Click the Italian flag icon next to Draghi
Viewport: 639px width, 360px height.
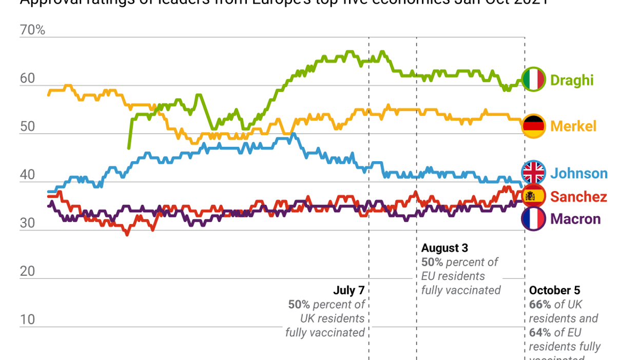(533, 80)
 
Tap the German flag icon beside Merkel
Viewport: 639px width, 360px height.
(533, 126)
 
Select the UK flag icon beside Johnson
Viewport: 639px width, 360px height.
(533, 173)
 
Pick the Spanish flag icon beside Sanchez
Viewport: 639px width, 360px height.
(533, 196)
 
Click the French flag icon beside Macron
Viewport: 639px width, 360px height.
(533, 219)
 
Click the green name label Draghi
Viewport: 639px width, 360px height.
(571, 80)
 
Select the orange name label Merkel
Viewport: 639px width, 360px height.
(573, 126)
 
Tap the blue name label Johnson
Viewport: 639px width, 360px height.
(578, 174)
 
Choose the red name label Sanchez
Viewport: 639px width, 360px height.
(578, 197)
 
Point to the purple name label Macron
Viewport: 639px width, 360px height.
(575, 219)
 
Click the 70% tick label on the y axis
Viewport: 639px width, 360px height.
(32, 30)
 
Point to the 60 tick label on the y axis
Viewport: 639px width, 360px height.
(27, 79)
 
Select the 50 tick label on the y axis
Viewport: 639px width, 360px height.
(27, 127)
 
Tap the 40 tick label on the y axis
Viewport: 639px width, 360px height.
(27, 175)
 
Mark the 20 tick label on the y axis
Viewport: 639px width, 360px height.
(27, 271)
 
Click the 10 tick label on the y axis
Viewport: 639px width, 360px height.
(27, 319)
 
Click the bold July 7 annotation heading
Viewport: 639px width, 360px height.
(348, 291)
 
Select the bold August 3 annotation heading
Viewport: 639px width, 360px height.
(444, 248)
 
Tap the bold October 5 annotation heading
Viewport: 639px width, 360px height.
(554, 291)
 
